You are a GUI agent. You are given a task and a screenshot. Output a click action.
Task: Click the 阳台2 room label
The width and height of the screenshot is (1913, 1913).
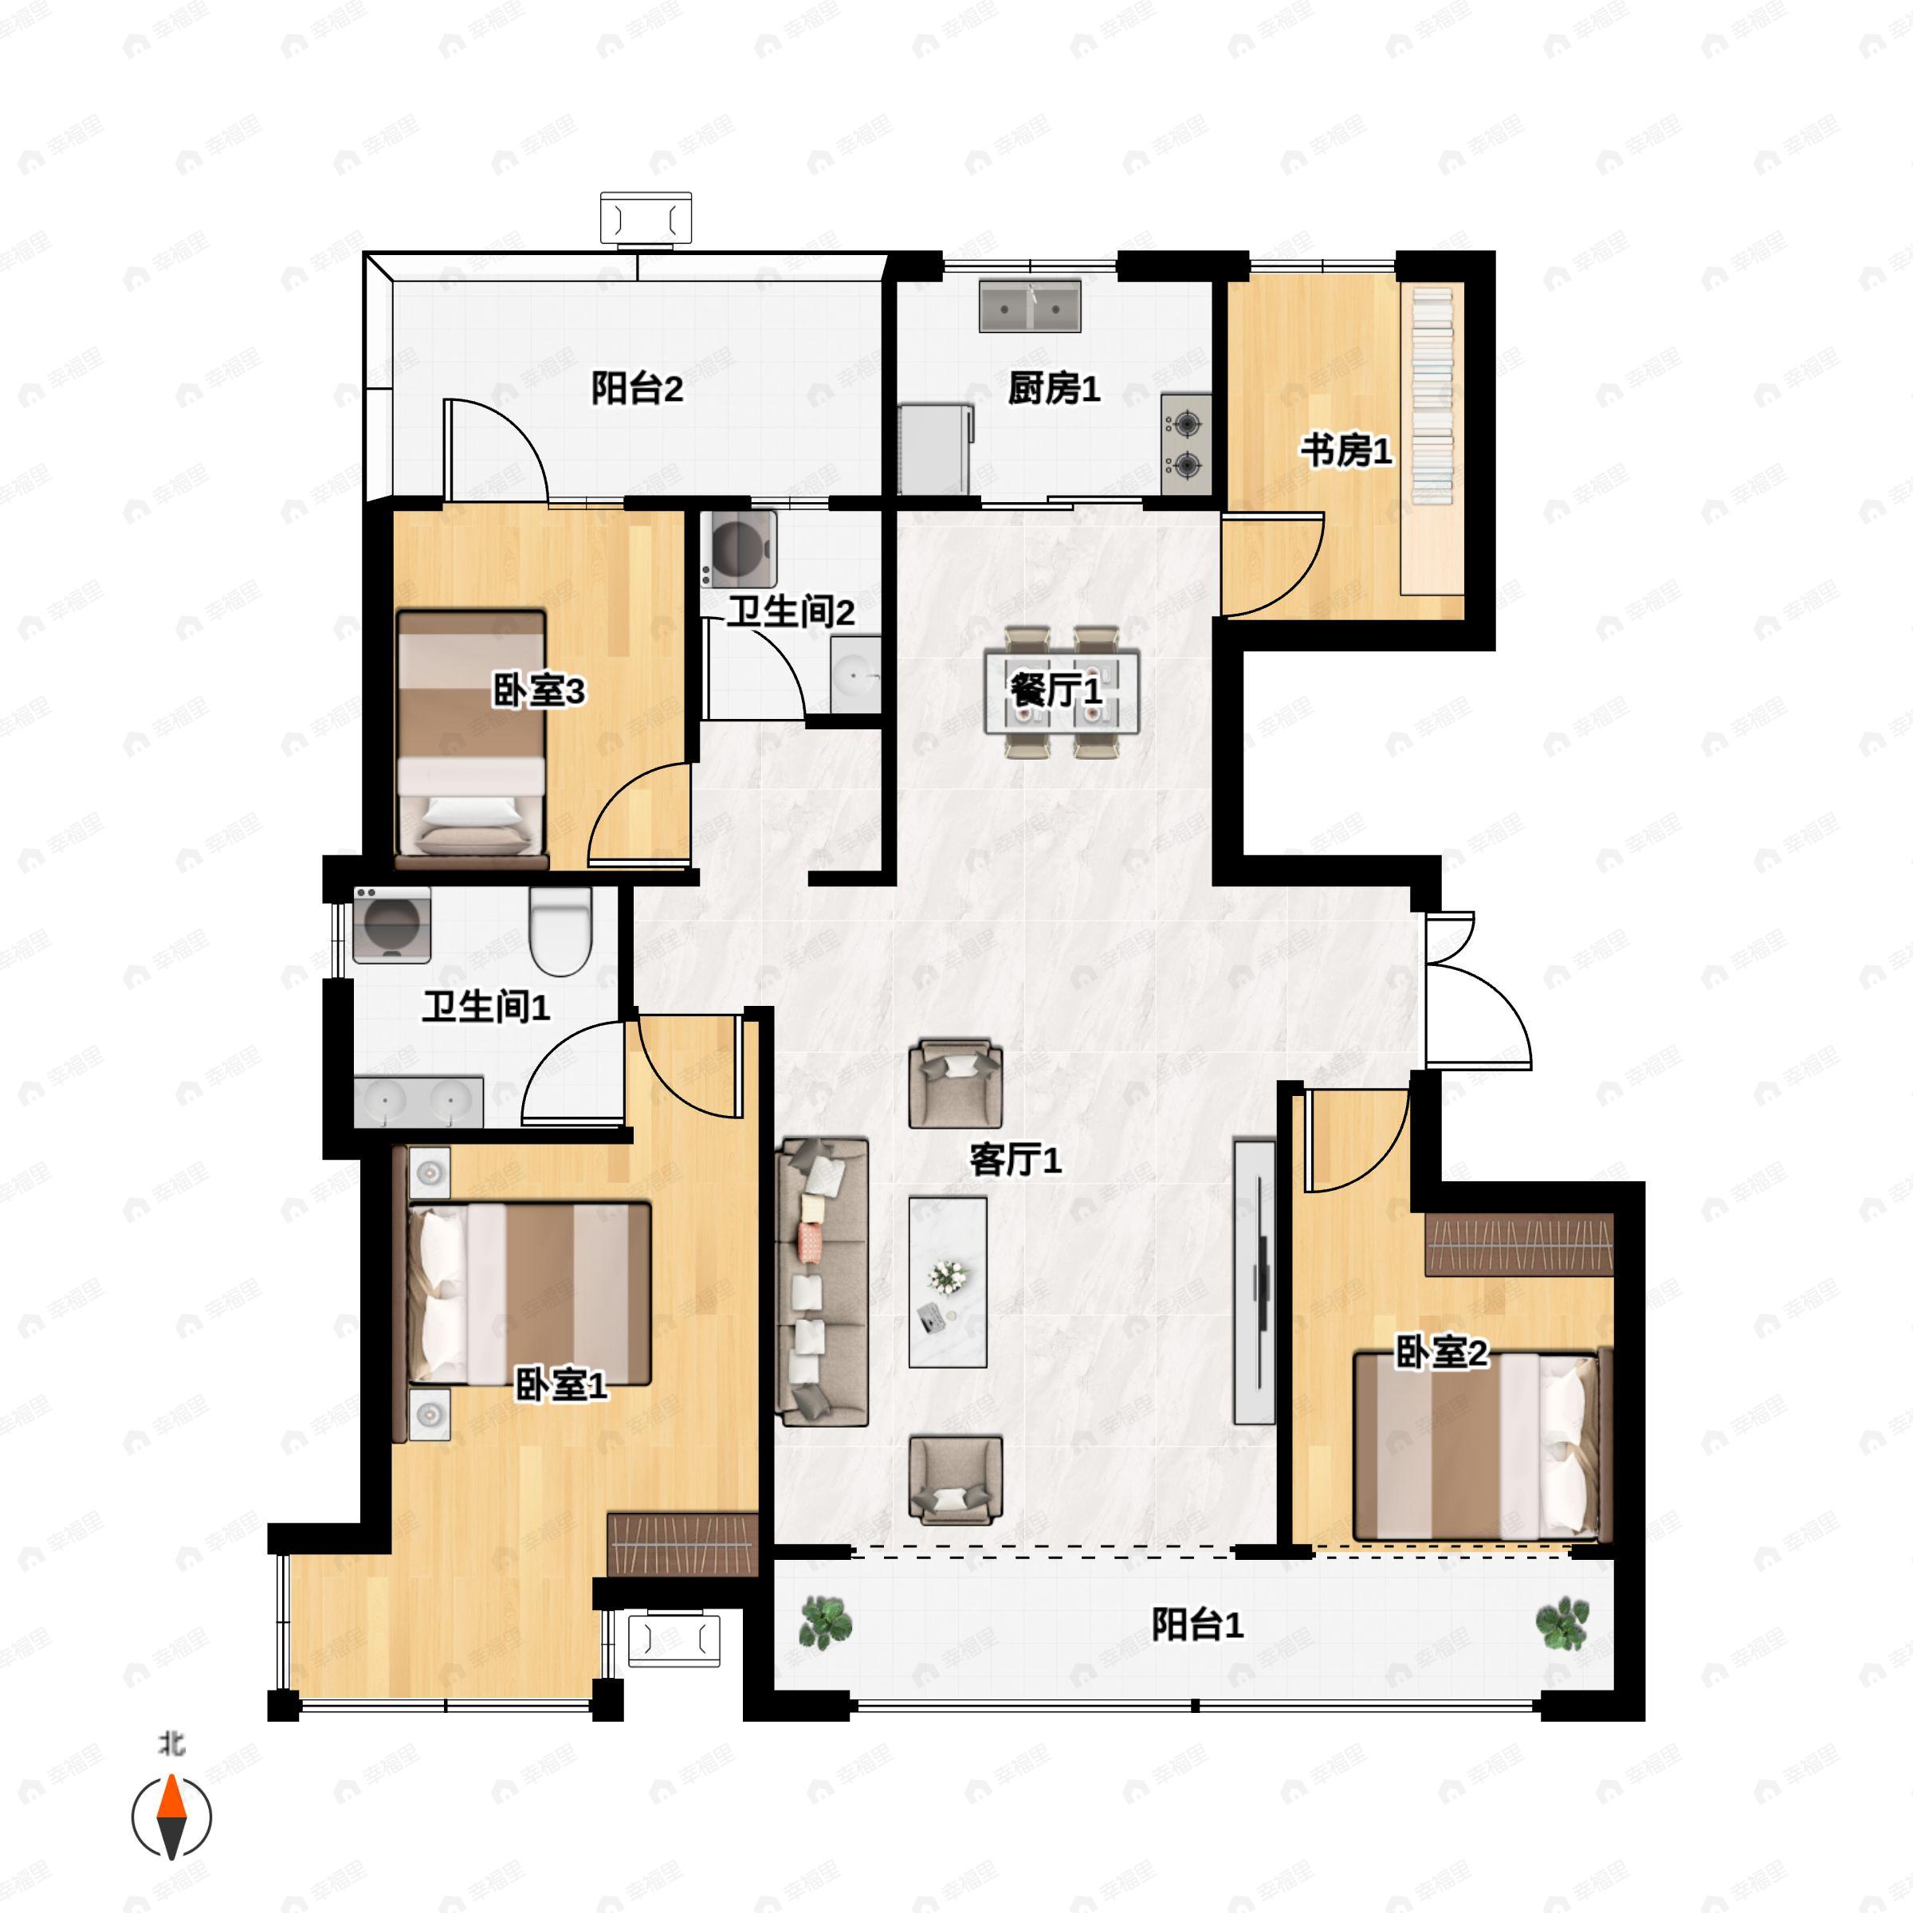pos(637,388)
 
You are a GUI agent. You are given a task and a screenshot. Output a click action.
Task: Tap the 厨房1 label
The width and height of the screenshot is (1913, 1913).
pos(1054,389)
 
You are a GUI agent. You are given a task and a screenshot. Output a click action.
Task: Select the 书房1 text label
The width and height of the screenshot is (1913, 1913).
pos(1345,451)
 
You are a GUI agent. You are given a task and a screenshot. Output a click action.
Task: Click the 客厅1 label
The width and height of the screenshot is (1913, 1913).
pos(1015,1160)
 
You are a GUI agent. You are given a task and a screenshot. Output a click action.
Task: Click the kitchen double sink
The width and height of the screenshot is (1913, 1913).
pos(1030,306)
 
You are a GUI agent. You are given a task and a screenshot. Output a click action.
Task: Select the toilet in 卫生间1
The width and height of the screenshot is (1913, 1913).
pos(560,931)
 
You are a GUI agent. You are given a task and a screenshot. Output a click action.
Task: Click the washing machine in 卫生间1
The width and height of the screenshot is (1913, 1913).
pos(392,924)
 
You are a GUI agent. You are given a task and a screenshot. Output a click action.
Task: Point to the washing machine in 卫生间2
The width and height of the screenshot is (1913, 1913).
pos(737,548)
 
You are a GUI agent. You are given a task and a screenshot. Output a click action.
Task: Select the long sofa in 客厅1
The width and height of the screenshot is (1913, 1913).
pos(822,1283)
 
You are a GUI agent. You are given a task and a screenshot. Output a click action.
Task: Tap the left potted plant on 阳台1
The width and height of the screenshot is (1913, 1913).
pos(826,1623)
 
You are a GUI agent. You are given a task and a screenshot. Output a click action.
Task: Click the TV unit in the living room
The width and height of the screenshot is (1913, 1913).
pos(1255,1283)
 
